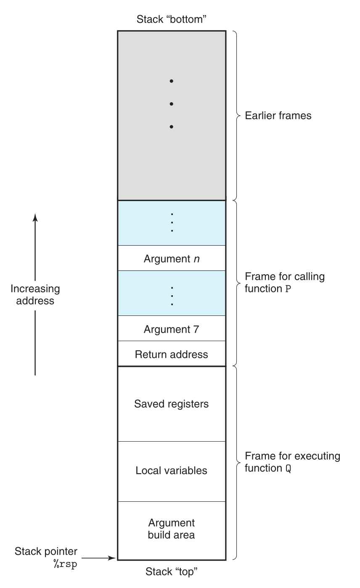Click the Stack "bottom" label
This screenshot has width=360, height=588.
(171, 19)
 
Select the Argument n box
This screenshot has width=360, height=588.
(171, 258)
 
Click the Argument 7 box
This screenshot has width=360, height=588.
(171, 329)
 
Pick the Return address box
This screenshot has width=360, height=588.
(171, 354)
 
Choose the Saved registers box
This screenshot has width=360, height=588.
(171, 404)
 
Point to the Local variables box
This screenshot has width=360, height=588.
(171, 470)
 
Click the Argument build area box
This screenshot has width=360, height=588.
(171, 529)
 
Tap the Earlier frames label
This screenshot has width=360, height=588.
(278, 115)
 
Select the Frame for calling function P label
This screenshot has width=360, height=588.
(284, 283)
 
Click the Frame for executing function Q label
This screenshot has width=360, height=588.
(292, 462)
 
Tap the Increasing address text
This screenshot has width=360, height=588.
(35, 294)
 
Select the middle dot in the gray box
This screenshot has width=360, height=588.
(171, 103)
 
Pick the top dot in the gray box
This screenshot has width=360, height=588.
(171, 81)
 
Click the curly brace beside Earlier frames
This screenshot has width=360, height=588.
(236, 115)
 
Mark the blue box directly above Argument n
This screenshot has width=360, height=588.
(171, 223)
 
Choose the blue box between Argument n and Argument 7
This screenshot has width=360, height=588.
(171, 293)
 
